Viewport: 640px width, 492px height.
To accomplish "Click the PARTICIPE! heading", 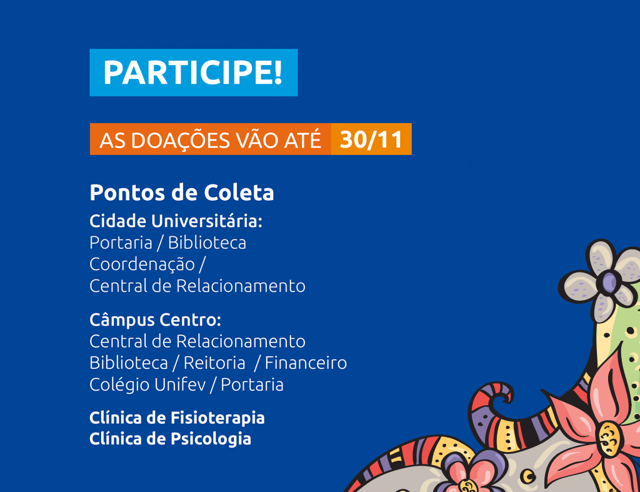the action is coord(192,73).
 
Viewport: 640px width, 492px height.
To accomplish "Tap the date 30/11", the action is coord(371,139).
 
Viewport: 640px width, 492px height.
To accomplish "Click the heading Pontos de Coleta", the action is coord(182,193).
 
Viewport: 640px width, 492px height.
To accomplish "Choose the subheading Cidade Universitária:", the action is coord(176,221).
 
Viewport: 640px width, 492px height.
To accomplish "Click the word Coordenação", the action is coord(142,264).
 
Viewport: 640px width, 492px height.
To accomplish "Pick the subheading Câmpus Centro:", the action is coord(155,319).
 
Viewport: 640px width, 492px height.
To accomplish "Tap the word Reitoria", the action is coord(214,363).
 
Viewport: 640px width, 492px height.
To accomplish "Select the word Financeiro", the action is coord(306,363).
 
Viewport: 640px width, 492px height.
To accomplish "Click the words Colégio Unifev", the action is coord(147,384).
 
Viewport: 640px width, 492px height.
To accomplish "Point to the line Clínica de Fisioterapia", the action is coord(177,418).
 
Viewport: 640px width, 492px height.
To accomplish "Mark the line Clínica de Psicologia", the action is coord(170,439).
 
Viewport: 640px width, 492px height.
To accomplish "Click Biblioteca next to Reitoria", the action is coord(129,363).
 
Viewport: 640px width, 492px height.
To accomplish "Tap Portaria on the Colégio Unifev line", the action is coord(252,384).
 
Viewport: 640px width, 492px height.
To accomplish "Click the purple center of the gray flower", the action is coord(609,282).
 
